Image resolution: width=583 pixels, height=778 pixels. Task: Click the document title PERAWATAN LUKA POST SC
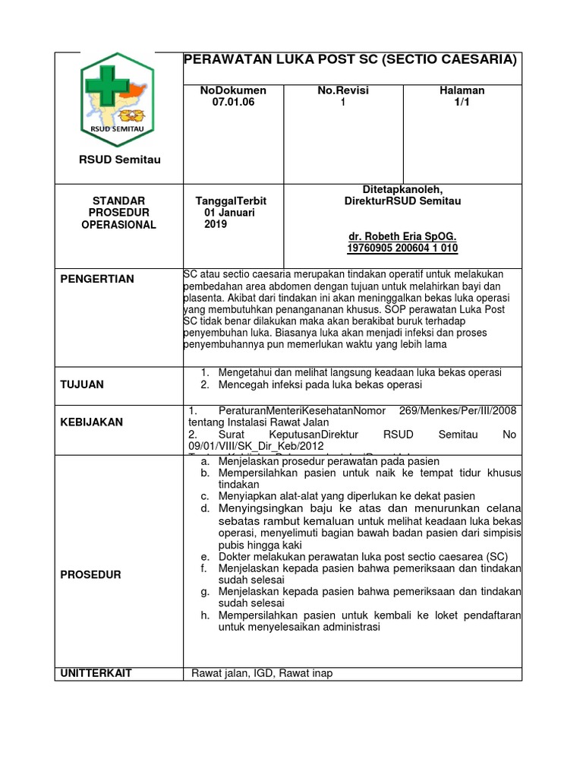point(351,59)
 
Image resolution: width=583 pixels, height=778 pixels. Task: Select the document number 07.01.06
point(233,103)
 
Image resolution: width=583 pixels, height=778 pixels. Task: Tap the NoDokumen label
point(233,90)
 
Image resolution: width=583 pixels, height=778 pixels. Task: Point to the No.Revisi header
point(342,90)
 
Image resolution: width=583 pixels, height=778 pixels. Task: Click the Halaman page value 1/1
point(462,103)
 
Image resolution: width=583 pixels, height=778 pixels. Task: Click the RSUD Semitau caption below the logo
point(121,160)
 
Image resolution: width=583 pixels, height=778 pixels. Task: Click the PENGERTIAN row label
point(97,279)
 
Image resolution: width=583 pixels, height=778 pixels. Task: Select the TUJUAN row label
point(82,384)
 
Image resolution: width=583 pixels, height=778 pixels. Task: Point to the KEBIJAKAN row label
point(91,422)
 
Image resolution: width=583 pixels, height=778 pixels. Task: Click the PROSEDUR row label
point(90,574)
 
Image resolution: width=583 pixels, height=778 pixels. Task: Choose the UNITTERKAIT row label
point(96,673)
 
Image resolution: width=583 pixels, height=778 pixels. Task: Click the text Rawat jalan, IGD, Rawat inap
point(262,673)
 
